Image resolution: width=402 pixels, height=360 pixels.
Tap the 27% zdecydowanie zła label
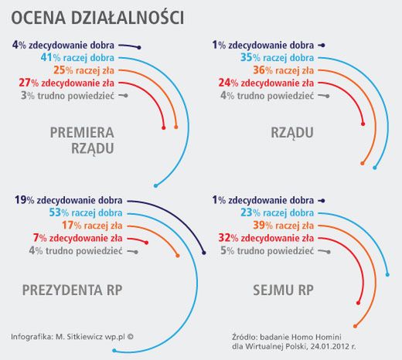click(x=67, y=83)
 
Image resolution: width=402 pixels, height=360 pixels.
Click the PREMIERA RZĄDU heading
click(x=82, y=140)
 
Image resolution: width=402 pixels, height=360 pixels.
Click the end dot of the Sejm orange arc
click(x=355, y=325)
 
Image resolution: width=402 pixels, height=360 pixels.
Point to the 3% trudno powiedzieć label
click(x=70, y=96)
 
